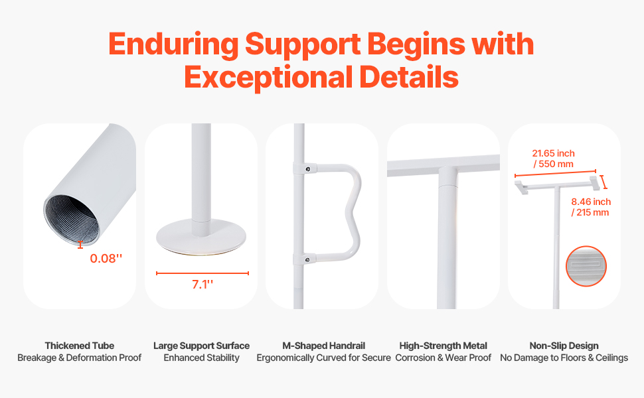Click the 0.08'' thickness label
point(106,258)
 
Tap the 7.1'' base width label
point(202,284)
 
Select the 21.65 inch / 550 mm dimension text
point(553,159)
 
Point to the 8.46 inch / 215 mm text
point(591,207)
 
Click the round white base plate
point(201,237)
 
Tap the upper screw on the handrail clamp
point(307,168)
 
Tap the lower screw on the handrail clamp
point(307,259)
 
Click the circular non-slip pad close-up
point(586,266)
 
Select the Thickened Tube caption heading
point(79,346)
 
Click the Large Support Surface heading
point(201,346)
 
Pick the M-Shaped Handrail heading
point(323,346)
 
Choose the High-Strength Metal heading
point(443,346)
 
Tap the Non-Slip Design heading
point(564,346)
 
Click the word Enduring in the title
point(173,44)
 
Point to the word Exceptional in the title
point(268,77)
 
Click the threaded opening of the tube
point(72,220)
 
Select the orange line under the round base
point(202,273)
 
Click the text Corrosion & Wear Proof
point(443,358)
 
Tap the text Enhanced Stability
point(201,358)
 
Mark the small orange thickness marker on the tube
point(80,245)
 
